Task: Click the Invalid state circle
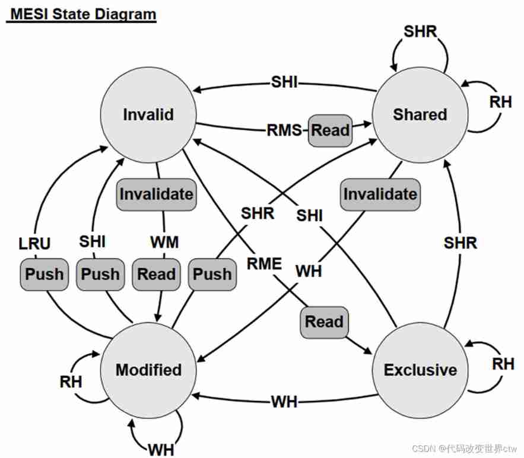point(148,114)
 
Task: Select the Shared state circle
point(420,114)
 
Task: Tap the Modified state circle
point(148,370)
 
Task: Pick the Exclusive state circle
point(420,370)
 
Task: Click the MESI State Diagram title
point(81,14)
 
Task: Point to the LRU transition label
point(34,243)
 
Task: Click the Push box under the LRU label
point(44,274)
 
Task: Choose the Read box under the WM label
point(156,274)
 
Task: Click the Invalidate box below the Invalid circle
point(156,194)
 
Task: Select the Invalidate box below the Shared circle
point(380,194)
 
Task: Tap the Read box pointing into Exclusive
point(324,322)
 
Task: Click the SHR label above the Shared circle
point(420,31)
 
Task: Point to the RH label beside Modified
point(71,381)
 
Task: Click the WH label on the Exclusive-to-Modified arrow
point(284,402)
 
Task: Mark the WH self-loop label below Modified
point(161,449)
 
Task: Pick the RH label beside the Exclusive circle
point(503,363)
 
